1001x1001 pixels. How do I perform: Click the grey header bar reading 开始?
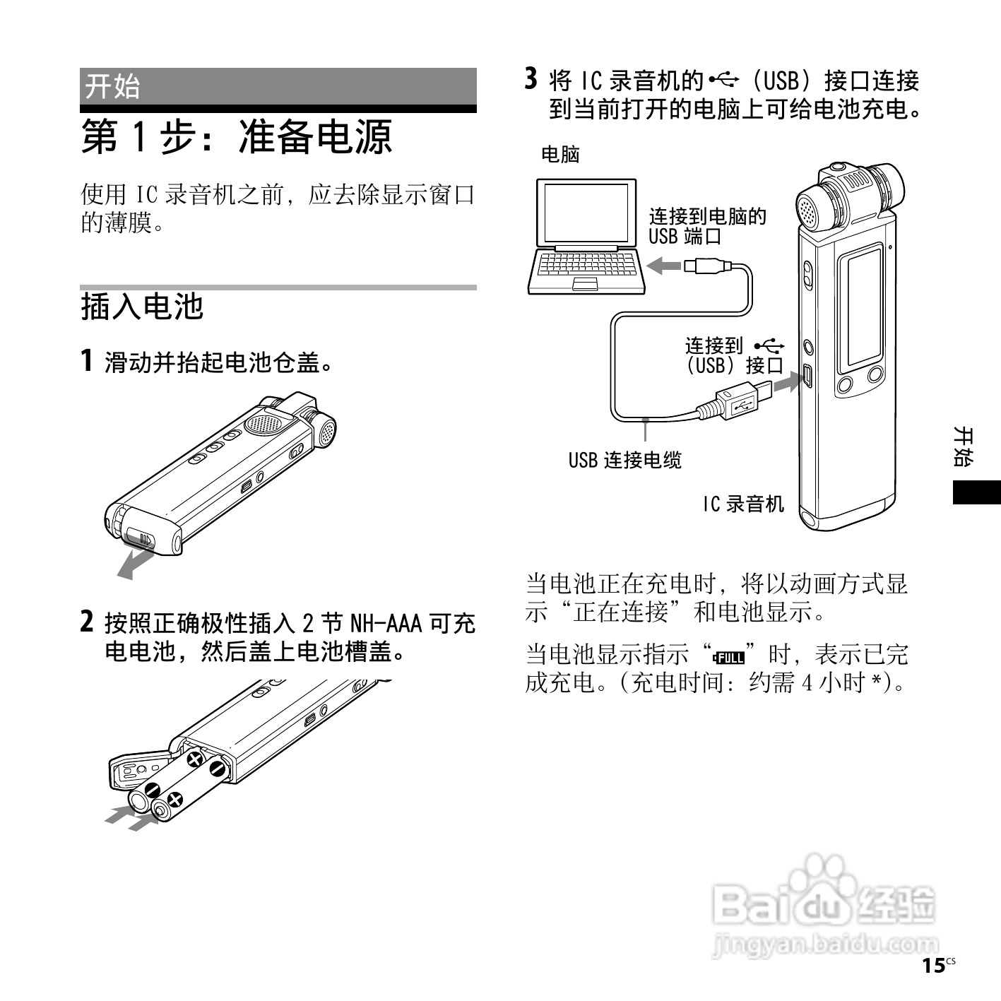tap(278, 86)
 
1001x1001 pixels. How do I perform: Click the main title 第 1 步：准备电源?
tap(237, 136)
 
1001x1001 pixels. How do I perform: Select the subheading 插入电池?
tap(142, 307)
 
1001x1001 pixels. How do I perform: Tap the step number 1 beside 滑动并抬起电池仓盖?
tap(86, 361)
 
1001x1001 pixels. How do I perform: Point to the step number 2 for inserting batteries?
tap(86, 622)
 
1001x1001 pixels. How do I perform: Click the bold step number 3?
tap(531, 79)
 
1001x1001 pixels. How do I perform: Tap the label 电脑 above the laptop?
tap(559, 153)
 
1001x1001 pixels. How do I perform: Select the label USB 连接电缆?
tap(624, 461)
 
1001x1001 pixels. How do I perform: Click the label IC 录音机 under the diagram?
tap(742, 504)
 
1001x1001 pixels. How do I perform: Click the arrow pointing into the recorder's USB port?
tap(786, 384)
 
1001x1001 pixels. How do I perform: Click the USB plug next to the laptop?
tap(706, 266)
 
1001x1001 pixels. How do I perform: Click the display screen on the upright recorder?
tap(861, 309)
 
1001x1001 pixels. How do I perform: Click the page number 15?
tap(934, 966)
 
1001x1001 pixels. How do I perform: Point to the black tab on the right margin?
tap(976, 492)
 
